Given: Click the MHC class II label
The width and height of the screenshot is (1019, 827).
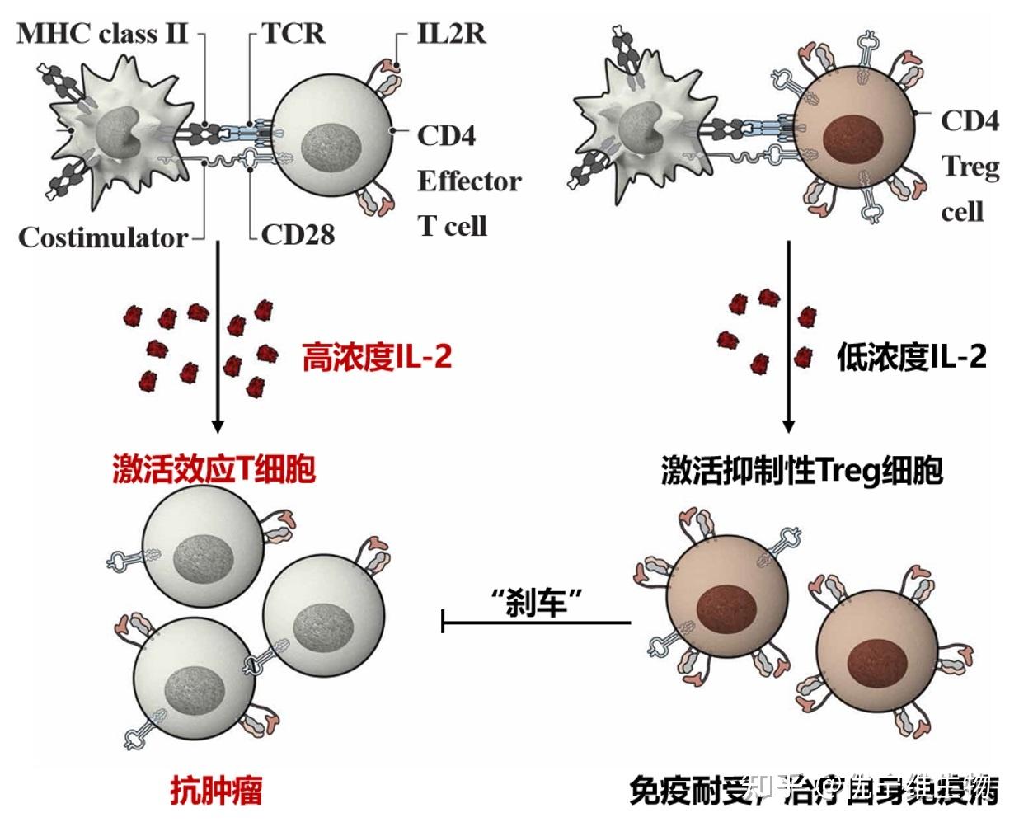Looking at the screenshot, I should pyautogui.click(x=102, y=34).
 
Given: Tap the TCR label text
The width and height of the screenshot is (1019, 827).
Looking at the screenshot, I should pyautogui.click(x=293, y=33).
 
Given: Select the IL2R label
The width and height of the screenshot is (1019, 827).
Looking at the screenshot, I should pyautogui.click(x=451, y=33).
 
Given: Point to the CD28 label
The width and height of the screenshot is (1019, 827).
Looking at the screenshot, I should pyautogui.click(x=298, y=235).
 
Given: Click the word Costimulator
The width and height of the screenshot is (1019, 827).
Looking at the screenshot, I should pyautogui.click(x=103, y=237).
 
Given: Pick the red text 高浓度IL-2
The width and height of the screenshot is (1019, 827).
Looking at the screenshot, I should pyautogui.click(x=377, y=357).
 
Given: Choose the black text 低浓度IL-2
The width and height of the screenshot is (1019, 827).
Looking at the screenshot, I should pyautogui.click(x=911, y=357).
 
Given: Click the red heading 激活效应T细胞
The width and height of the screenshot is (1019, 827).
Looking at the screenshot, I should pyautogui.click(x=214, y=469).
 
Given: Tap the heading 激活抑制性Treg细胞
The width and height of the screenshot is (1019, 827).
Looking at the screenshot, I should pyautogui.click(x=801, y=471).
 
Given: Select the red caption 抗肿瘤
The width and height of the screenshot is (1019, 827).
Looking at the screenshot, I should pyautogui.click(x=216, y=790).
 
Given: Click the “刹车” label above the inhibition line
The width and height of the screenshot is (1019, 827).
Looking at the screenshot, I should pyautogui.click(x=537, y=603).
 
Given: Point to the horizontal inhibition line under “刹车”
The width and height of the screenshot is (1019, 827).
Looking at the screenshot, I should pyautogui.click(x=537, y=622).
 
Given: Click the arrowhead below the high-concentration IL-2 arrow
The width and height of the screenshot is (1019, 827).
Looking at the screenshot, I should pyautogui.click(x=218, y=426).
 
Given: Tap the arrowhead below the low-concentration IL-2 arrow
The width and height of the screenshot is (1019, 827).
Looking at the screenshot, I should pyautogui.click(x=788, y=426).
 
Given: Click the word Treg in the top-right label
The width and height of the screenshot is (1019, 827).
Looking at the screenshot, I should pyautogui.click(x=970, y=167).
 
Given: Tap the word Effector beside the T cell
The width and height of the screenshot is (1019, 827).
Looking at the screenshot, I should pyautogui.click(x=469, y=181).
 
